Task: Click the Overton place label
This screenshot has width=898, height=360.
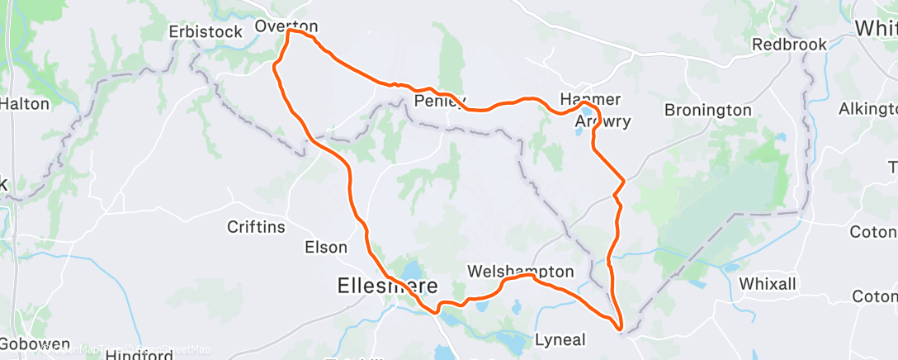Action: click(x=286, y=26)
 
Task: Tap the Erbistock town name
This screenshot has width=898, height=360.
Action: click(x=206, y=31)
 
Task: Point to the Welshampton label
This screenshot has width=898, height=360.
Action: click(x=520, y=272)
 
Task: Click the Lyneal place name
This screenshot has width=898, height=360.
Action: click(x=560, y=339)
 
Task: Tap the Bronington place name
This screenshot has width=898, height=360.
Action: click(x=708, y=110)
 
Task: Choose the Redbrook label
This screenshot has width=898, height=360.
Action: click(x=789, y=45)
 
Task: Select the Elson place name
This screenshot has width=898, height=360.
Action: click(x=326, y=247)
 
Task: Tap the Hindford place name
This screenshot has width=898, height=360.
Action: click(x=139, y=355)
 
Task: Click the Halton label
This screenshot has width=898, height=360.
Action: click(x=25, y=104)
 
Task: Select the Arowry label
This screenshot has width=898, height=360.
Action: click(x=603, y=121)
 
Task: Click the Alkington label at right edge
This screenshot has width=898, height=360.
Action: click(x=867, y=109)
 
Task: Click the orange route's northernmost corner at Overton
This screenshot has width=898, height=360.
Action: click(x=289, y=33)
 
